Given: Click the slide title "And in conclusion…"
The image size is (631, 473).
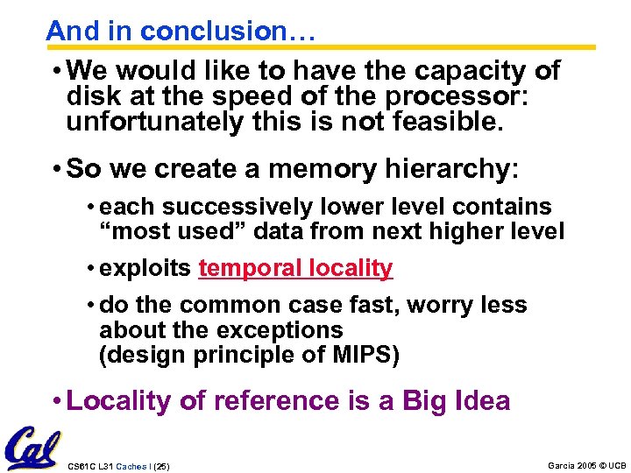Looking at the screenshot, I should coord(180,32).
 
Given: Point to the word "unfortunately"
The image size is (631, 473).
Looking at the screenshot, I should coord(154,123).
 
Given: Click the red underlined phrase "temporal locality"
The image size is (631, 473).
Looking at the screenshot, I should coord(296,268).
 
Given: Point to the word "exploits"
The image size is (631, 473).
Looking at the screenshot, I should coord(145,268).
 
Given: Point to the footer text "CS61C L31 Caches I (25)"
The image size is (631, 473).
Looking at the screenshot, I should coord(118,465).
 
